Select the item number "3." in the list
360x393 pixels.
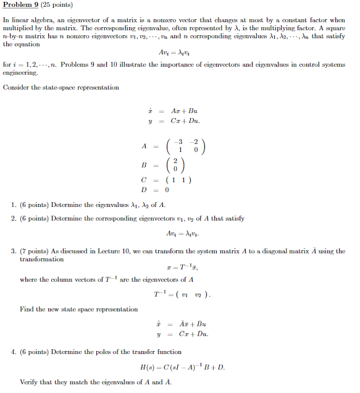tap(14, 251)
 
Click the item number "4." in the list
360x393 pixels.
tap(14, 351)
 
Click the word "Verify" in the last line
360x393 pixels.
tap(29, 382)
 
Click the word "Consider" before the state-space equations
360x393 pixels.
tap(17, 88)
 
